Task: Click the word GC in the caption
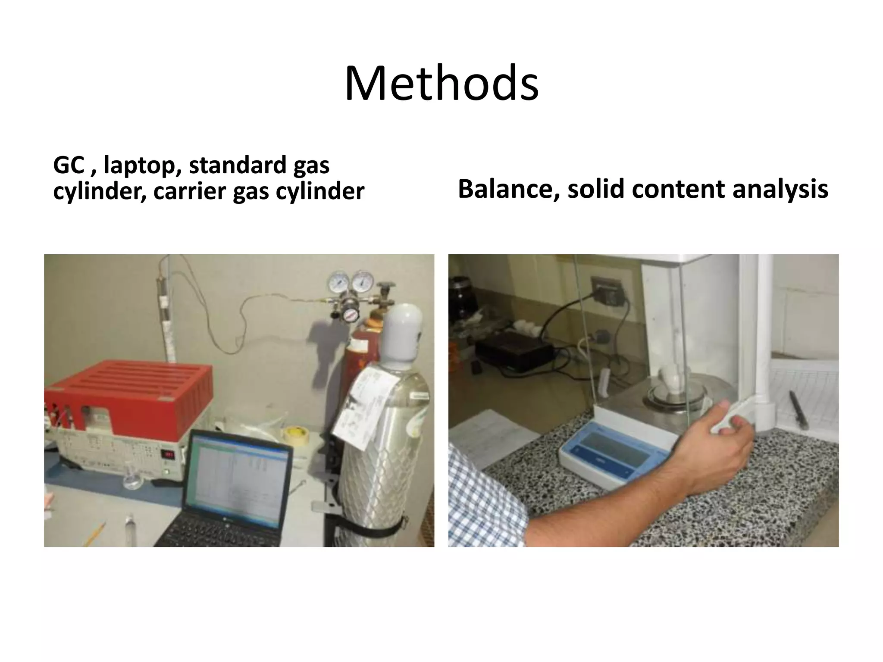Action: pos(69,165)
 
